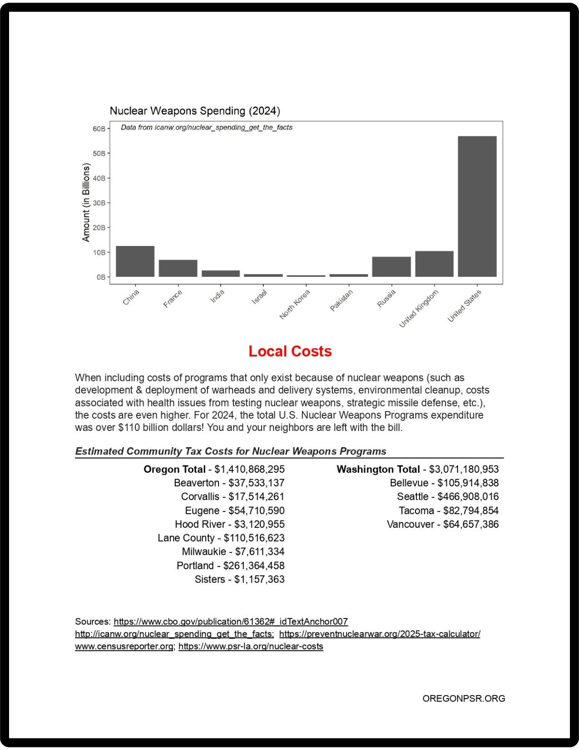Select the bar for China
[135, 261]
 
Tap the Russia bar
[391, 267]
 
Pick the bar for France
[178, 268]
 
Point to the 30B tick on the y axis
[99, 203]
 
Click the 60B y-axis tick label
[99, 129]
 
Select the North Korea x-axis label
[295, 304]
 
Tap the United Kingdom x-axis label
[419, 308]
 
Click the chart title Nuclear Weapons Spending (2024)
[195, 111]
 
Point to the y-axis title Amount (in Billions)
[86, 202]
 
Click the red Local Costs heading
[290, 351]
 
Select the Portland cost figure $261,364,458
[254, 565]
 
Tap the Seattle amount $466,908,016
[468, 496]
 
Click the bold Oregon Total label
[174, 469]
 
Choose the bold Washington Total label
[378, 469]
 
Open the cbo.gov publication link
[231, 621]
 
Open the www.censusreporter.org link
[124, 646]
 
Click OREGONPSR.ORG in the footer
[464, 698]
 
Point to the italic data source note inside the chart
[207, 128]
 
